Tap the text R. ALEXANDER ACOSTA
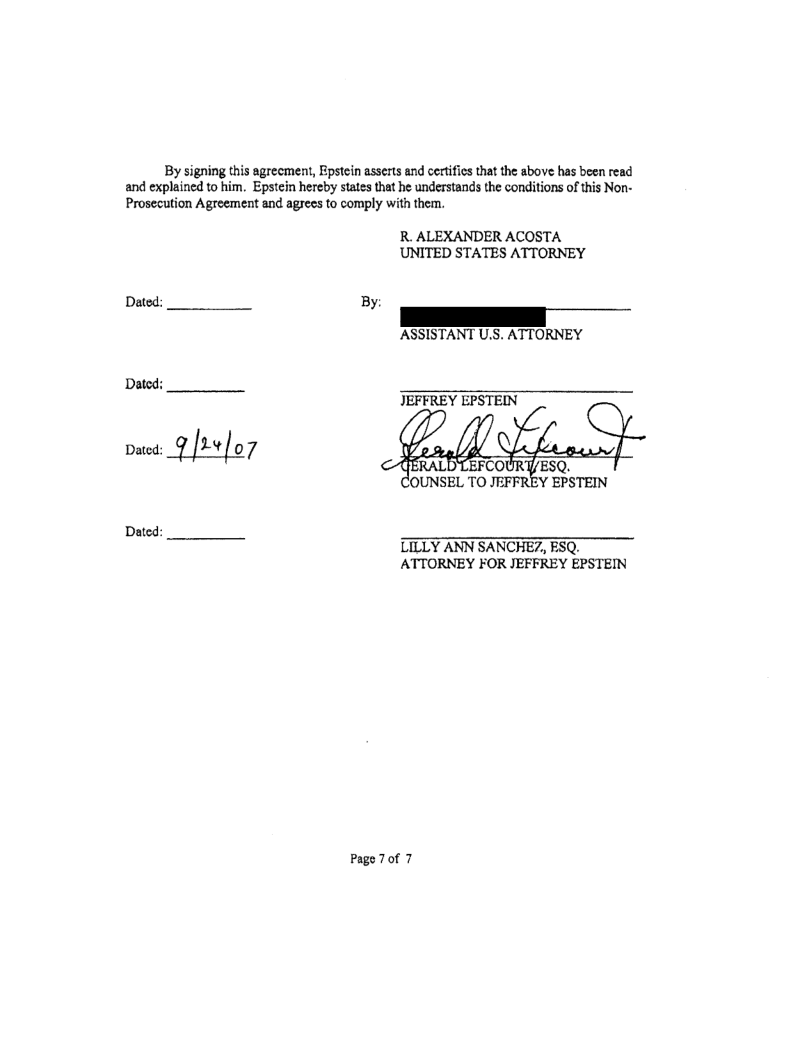474,237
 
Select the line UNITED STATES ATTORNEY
491,253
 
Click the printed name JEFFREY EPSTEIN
450,398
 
